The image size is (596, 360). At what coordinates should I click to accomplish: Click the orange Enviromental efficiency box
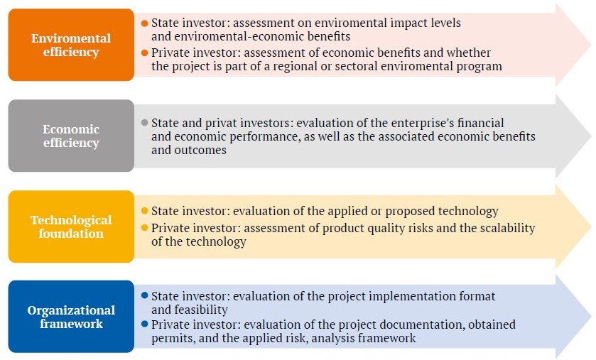click(x=71, y=45)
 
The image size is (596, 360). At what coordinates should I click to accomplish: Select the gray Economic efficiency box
click(x=71, y=136)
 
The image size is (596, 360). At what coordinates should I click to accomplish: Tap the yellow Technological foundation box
click(x=71, y=227)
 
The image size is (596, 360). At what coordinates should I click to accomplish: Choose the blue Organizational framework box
click(x=71, y=317)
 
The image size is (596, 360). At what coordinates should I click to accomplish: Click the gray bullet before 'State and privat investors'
click(x=144, y=123)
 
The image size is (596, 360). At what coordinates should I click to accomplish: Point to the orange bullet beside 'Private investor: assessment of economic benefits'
click(x=144, y=53)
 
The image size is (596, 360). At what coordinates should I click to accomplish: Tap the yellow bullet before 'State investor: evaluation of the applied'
click(x=144, y=211)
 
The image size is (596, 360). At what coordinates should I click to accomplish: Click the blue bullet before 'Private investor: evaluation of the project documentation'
click(x=144, y=324)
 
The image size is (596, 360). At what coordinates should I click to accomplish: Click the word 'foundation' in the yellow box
click(x=71, y=233)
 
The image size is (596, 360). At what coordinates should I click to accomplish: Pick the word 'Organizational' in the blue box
click(x=71, y=310)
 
